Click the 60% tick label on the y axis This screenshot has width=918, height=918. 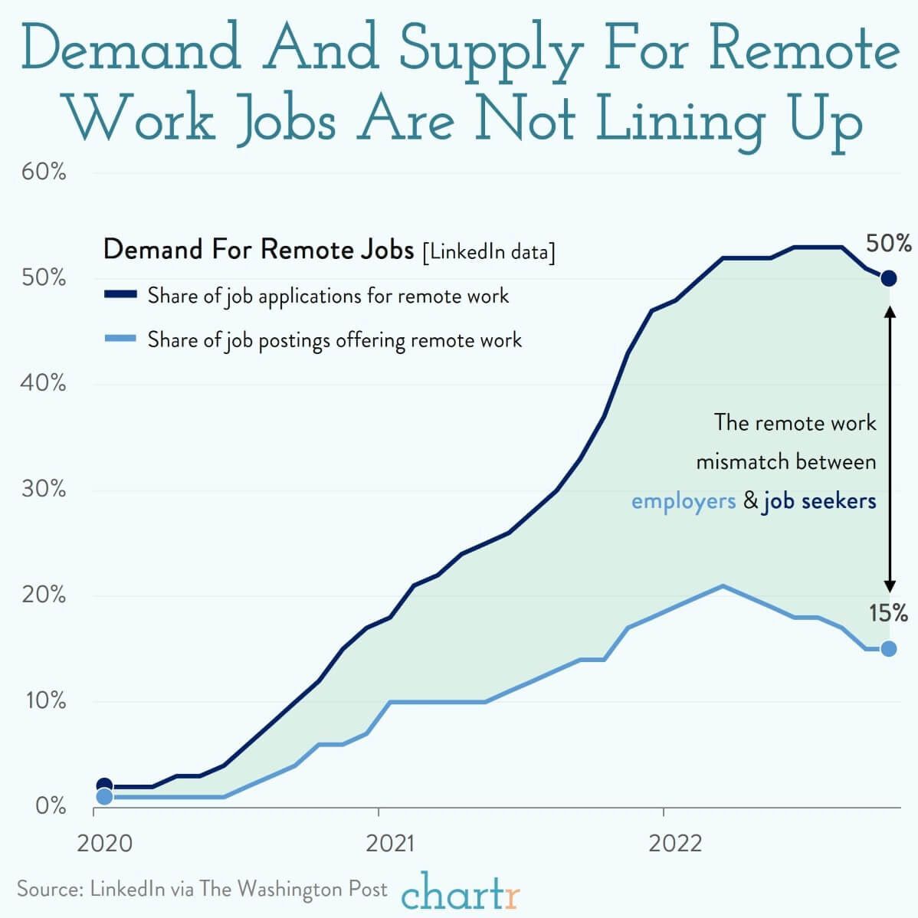tap(44, 172)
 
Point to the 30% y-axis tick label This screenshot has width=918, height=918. tap(44, 489)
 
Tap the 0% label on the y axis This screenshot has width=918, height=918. tap(51, 806)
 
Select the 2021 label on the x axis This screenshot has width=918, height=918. tap(389, 844)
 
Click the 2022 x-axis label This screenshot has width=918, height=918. tap(674, 844)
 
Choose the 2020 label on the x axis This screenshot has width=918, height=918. tap(104, 844)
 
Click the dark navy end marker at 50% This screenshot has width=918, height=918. tap(888, 278)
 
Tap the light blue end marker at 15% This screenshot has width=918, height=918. tap(888, 648)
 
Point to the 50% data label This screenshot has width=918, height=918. tap(889, 244)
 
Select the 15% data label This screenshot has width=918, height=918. tap(889, 613)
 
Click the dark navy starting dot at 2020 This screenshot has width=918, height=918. tap(104, 785)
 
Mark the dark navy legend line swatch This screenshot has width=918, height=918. tap(120, 294)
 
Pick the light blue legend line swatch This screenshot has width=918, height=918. tap(120, 339)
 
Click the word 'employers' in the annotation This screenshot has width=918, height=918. tap(683, 501)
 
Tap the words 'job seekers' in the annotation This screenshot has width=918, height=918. tap(819, 501)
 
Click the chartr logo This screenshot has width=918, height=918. tap(461, 892)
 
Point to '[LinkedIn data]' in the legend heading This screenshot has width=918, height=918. tap(489, 251)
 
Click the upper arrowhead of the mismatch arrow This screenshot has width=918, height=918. tap(890, 310)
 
